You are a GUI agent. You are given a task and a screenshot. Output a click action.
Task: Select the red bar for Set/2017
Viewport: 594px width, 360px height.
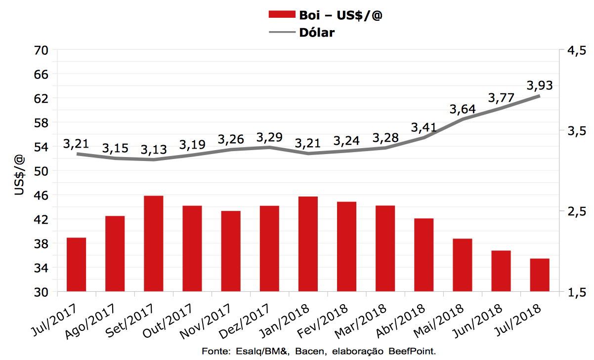point(153,243)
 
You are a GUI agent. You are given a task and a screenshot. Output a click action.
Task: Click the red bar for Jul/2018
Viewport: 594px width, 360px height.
point(540,275)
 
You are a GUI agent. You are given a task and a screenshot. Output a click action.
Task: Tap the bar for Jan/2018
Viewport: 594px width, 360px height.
point(308,244)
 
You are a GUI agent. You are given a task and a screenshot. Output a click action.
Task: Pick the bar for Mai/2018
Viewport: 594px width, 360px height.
point(463,265)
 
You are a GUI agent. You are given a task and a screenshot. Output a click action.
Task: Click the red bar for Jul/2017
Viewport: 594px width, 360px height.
point(77,265)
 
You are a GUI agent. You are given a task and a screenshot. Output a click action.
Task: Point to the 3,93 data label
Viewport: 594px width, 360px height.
point(540,85)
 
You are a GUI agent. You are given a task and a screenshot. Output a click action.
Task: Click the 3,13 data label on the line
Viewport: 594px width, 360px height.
point(153,149)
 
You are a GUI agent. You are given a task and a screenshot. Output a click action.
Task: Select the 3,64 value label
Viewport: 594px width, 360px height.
point(463,109)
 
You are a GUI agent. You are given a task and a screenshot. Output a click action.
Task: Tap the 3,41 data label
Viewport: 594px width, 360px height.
point(424,128)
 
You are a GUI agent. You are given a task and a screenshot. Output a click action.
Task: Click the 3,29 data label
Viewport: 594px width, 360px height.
point(269,137)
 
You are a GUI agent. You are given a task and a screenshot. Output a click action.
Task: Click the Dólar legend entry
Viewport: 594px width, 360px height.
point(317,33)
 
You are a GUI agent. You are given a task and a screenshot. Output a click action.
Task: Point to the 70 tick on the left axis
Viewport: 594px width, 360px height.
point(42,50)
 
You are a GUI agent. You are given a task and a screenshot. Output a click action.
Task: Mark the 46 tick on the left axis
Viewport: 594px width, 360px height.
point(42,195)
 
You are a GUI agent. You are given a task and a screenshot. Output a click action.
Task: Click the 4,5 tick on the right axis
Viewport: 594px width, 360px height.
point(576,50)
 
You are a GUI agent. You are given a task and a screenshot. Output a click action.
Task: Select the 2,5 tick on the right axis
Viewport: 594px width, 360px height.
point(576,211)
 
